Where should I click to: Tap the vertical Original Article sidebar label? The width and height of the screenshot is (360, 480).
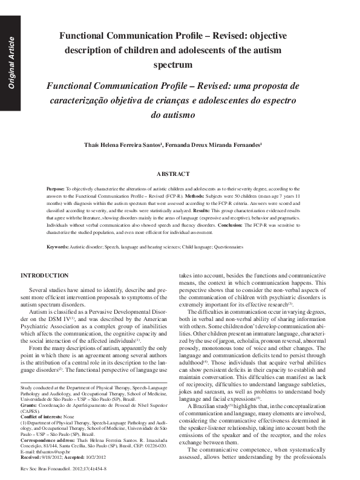(x=11, y=63)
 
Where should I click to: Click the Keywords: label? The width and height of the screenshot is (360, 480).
(x=57, y=247)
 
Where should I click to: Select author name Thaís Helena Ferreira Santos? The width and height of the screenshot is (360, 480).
(x=123, y=145)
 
